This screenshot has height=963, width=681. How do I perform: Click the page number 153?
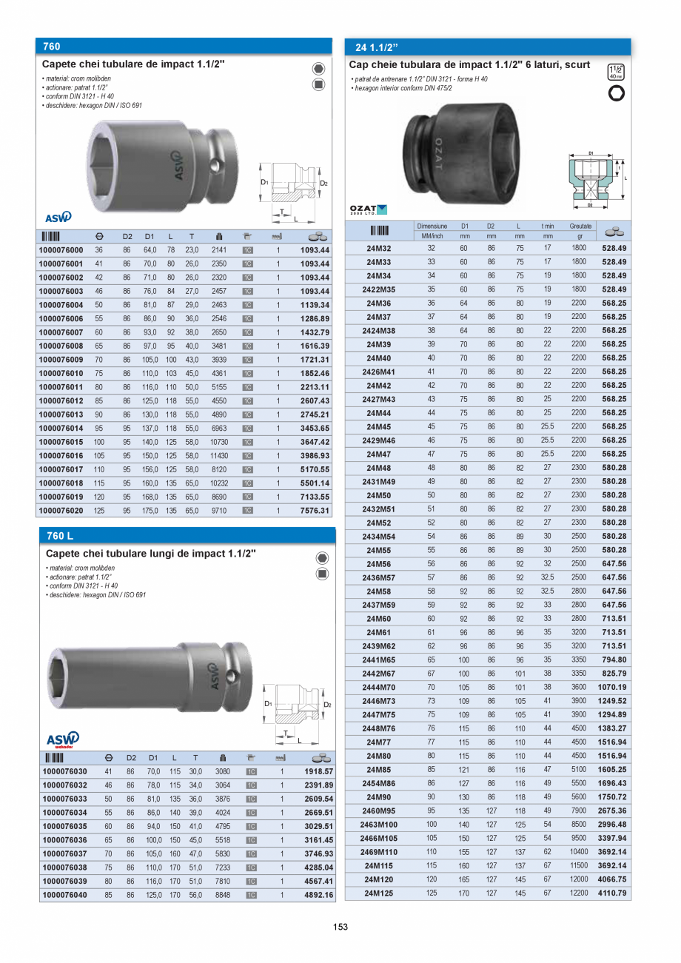point(340,927)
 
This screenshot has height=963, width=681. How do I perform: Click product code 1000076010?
point(61,373)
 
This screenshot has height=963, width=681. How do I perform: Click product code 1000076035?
point(64,826)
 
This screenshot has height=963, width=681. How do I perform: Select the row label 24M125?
point(378,893)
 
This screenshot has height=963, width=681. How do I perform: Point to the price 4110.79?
point(614,893)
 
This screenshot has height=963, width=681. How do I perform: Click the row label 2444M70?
point(378,687)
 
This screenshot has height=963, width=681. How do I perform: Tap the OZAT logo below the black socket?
point(368,210)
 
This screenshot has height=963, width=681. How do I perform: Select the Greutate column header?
point(580,226)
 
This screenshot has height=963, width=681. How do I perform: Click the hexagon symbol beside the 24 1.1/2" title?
point(615,93)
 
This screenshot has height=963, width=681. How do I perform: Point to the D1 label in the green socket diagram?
point(590,153)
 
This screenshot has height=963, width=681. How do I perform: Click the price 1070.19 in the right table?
point(614,687)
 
